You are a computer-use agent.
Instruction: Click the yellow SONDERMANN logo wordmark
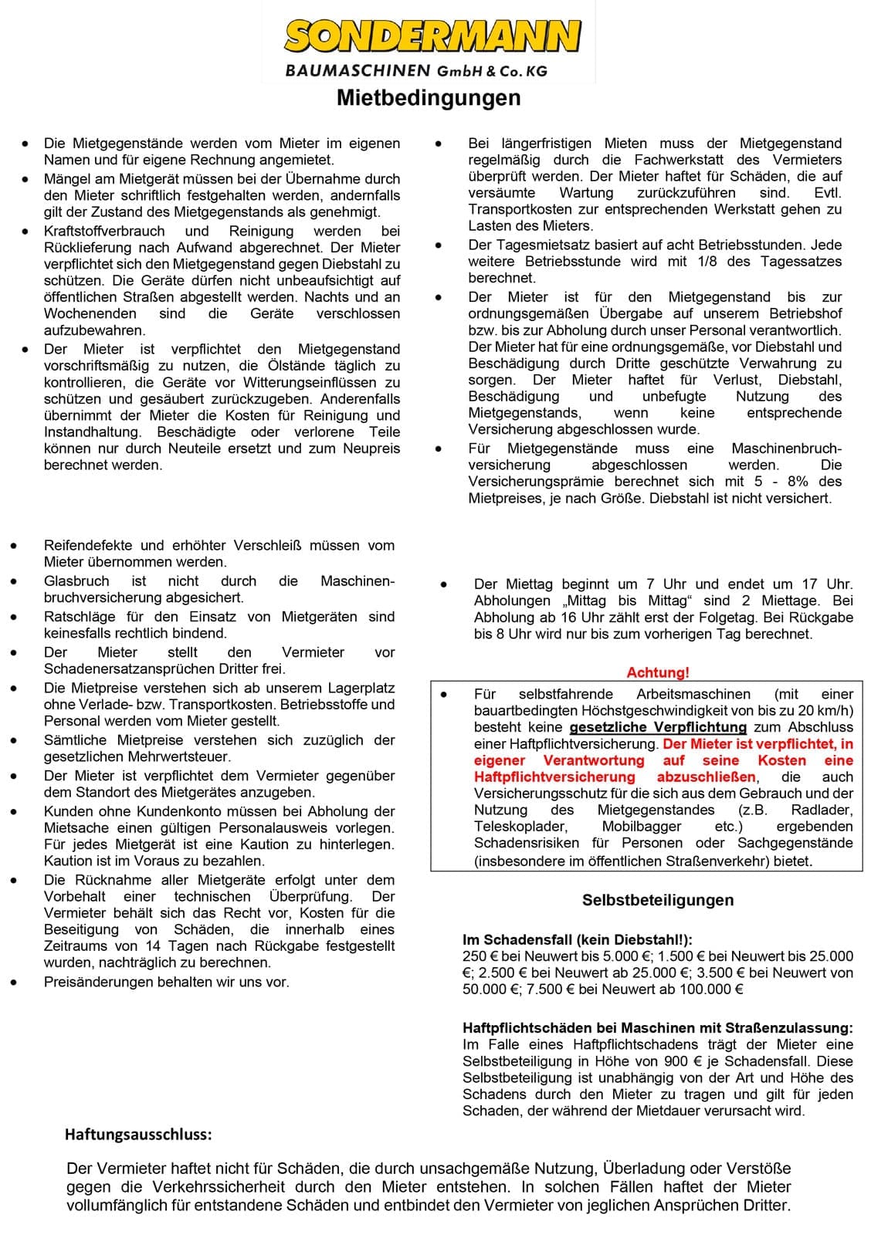432,36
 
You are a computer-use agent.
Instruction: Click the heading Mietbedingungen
429,98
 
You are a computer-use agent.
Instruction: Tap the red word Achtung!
658,672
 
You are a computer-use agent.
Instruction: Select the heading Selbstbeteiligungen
658,900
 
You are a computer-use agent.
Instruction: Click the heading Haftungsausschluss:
138,1134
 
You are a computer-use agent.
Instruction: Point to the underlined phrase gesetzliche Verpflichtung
657,727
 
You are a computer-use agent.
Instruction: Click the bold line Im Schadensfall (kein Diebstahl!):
578,939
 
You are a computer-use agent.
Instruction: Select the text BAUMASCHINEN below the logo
357,71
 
